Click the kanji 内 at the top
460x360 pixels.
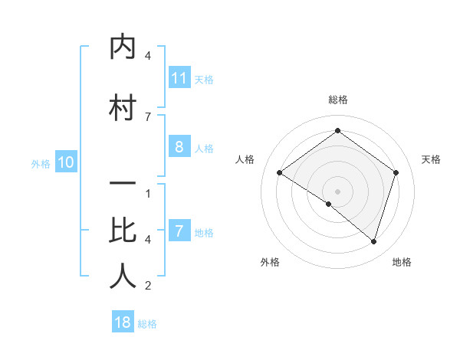tap(123, 47)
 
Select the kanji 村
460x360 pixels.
tap(123, 108)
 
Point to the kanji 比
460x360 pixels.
tap(123, 231)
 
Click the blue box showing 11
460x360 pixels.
tap(179, 78)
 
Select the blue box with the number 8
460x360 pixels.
tap(179, 147)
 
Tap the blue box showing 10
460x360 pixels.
tap(65, 162)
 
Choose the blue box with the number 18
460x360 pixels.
tap(123, 322)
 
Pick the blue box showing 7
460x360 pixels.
tap(179, 231)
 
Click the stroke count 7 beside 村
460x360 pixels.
tap(148, 116)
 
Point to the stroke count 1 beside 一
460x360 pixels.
tap(148, 193)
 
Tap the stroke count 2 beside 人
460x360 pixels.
tap(148, 286)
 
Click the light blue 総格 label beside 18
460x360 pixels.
tap(147, 324)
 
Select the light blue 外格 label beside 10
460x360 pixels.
tap(41, 163)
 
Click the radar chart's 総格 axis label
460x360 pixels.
tap(337, 100)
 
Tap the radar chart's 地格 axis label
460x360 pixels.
tap(402, 262)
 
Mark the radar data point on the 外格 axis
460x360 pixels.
tap(329, 204)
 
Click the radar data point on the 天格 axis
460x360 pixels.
tap(396, 173)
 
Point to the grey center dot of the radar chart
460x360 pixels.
tap(337, 191)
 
